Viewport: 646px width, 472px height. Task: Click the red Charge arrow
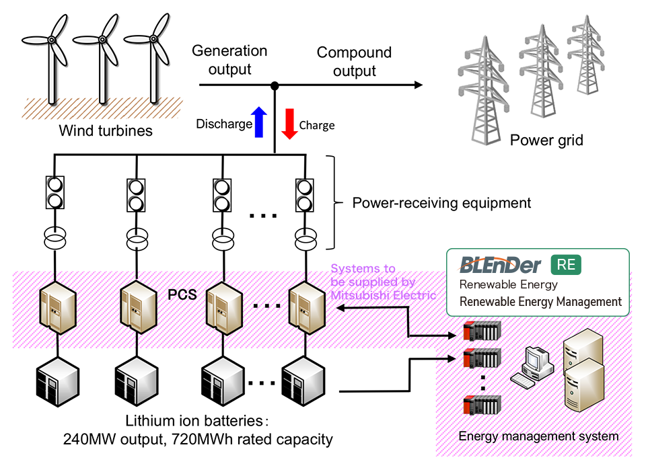(289, 123)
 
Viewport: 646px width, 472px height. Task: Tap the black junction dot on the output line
(275, 85)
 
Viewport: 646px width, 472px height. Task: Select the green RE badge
(566, 265)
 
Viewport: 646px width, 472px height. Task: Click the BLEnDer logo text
(501, 265)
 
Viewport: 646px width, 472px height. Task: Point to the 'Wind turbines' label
(106, 130)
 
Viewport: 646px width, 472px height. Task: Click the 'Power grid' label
(546, 141)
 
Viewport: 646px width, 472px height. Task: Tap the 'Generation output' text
(229, 60)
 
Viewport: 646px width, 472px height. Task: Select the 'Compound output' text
(355, 61)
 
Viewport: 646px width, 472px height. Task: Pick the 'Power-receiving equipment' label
(442, 202)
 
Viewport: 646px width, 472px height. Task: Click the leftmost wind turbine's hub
(52, 40)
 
